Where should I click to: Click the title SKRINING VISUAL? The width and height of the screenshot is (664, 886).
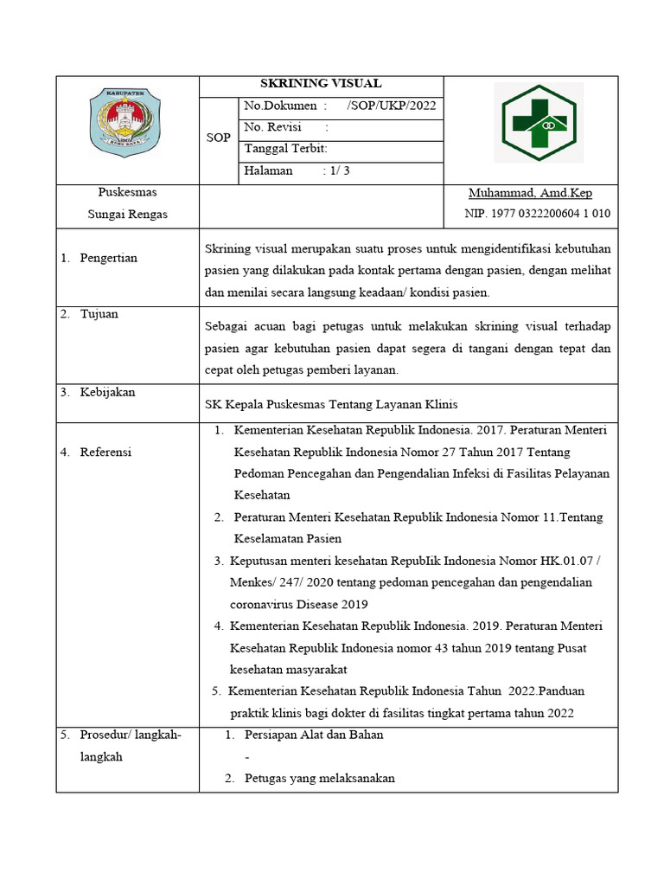tap(321, 84)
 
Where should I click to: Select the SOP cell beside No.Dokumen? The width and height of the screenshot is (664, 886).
tap(218, 138)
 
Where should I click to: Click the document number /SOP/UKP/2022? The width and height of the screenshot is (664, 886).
tap(391, 106)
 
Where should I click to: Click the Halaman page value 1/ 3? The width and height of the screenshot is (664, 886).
tap(335, 170)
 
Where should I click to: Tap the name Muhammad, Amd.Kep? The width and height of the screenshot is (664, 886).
tap(530, 193)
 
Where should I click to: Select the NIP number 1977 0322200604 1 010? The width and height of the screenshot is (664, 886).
tap(537, 214)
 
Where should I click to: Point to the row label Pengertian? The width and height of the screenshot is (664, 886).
tap(108, 258)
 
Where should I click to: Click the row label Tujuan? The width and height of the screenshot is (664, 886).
tap(99, 314)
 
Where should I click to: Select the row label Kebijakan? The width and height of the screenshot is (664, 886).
tap(107, 392)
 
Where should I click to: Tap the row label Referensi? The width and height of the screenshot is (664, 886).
tap(105, 452)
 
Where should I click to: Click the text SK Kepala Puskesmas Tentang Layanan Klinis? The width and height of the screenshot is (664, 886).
tap(331, 404)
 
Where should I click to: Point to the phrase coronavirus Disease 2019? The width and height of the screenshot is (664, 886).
tap(299, 604)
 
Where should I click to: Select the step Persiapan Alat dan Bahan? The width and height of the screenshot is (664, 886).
tap(314, 735)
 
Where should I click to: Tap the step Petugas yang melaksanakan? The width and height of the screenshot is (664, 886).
tap(319, 778)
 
